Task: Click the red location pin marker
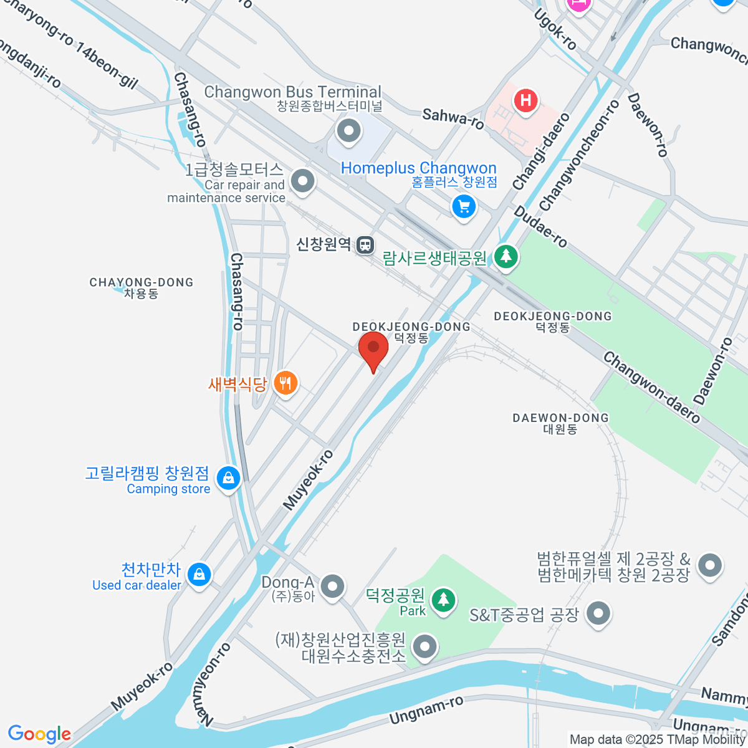373,348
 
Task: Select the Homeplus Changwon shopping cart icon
464,206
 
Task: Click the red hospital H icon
526,100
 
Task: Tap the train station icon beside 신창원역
365,245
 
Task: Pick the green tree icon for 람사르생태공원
506,256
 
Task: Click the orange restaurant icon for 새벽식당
285,383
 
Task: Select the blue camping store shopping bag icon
228,479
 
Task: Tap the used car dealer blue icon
199,574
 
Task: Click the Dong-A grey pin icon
333,585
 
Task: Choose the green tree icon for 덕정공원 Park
443,600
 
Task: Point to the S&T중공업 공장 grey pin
598,613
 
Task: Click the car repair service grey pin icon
303,181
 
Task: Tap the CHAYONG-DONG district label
141,287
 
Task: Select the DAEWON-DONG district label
560,423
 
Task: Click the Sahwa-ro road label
453,118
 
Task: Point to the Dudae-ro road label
540,228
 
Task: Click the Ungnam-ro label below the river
426,711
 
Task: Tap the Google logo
39,734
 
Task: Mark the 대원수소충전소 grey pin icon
426,646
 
